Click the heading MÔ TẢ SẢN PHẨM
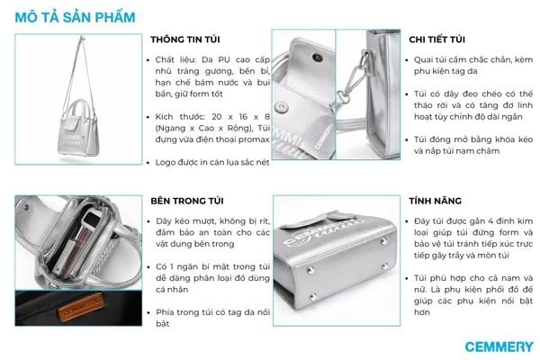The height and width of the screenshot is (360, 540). pos(75,17)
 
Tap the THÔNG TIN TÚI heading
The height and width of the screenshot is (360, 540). pos(185,40)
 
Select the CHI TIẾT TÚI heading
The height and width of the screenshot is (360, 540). pos(437,40)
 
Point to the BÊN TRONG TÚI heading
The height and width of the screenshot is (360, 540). pos(187,201)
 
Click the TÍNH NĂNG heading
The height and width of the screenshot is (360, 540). pos(436,201)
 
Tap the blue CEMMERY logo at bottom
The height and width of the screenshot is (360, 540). pos(499,346)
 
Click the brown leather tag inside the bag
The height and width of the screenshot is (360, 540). pos(81,306)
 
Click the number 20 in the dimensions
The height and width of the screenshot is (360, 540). pos(217,116)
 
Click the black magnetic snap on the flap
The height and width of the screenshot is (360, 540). pos(317,58)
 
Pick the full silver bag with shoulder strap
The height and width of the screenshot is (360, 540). pos(78,98)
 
